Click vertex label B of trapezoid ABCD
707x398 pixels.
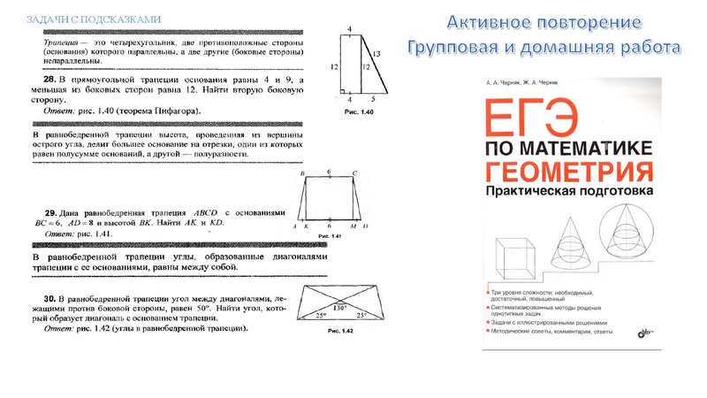pos(302,174)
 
